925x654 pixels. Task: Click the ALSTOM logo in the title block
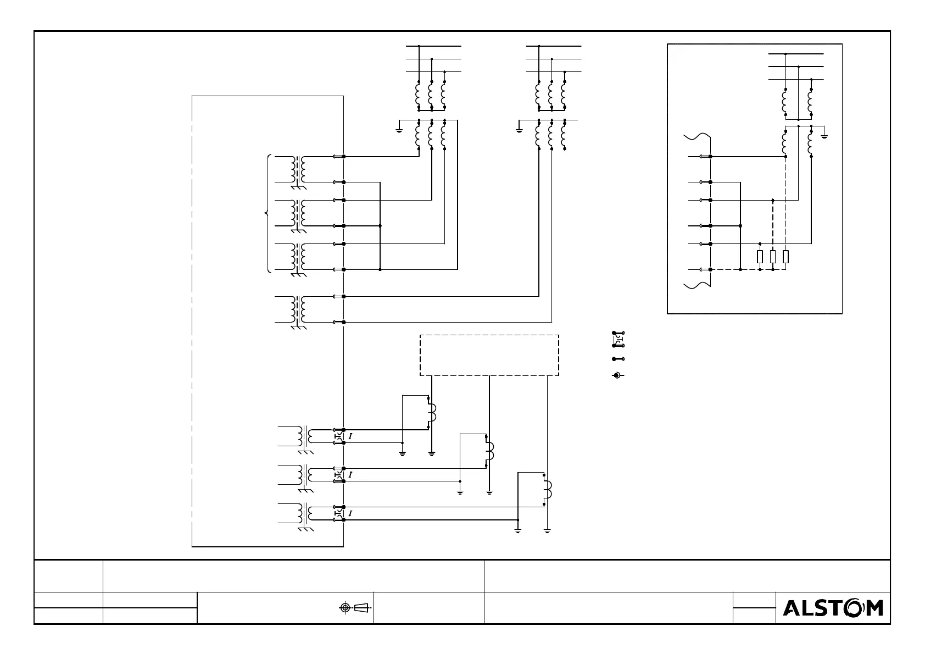click(833, 608)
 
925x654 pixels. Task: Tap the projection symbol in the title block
click(354, 607)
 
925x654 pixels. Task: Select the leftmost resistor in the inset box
click(760, 256)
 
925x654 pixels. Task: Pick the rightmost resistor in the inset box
click(785, 256)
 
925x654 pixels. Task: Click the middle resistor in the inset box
click(773, 256)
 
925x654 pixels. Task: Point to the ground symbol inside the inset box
click(824, 136)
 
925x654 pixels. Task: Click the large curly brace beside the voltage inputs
click(267, 213)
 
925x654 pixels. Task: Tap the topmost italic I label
click(350, 436)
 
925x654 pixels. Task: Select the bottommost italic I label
click(350, 513)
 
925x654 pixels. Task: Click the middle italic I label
click(350, 474)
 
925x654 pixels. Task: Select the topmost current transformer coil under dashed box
click(432, 412)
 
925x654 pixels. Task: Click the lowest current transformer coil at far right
click(548, 489)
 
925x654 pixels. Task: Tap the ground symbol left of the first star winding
click(399, 130)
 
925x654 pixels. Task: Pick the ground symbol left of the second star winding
click(519, 130)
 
